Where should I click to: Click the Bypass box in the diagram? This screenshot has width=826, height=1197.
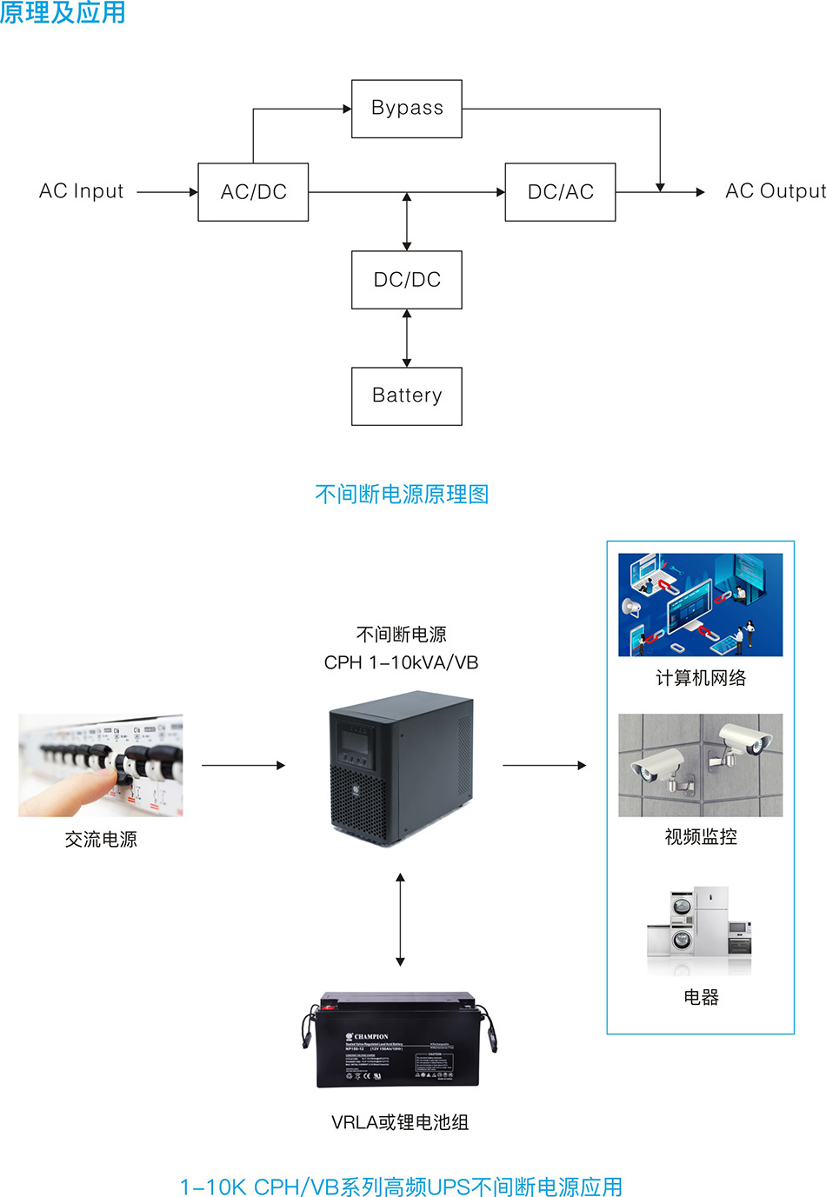406,109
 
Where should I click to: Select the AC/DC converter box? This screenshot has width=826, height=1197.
253,192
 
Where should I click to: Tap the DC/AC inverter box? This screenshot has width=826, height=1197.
560,192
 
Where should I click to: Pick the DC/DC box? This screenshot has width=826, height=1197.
406,280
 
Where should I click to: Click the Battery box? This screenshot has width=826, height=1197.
406,396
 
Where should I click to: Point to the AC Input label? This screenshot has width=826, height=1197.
81,191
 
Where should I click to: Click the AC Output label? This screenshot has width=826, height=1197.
775,191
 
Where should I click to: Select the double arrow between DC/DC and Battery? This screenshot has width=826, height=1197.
407,338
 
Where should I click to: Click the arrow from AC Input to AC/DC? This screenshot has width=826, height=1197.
167,192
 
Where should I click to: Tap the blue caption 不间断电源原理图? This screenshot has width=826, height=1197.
402,495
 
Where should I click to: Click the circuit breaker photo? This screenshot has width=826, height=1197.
101,766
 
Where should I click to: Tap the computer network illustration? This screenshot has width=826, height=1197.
700,605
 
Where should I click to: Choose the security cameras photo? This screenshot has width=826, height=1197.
700,766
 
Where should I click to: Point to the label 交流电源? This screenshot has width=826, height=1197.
101,840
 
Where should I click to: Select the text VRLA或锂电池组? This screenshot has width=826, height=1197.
400,1123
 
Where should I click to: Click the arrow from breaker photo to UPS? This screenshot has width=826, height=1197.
243,766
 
